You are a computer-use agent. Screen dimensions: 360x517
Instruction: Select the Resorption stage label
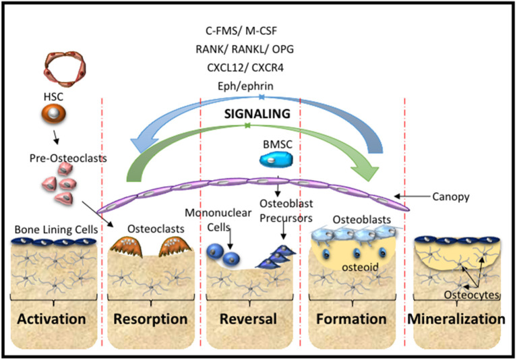150,318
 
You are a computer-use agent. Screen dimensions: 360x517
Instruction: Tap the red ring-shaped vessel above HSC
56,71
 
